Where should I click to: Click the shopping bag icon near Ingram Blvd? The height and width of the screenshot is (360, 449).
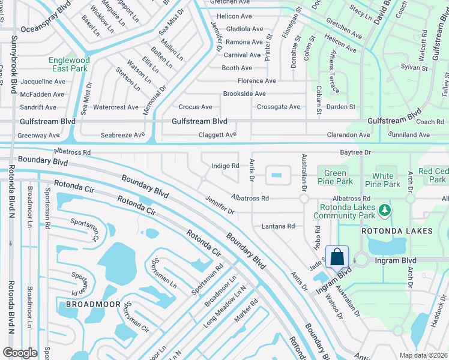pos(337,256)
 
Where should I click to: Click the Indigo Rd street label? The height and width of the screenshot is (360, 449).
pos(226,166)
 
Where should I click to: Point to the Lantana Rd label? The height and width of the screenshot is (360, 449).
pos(278,226)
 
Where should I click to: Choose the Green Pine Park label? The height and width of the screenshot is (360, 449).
pos(335,177)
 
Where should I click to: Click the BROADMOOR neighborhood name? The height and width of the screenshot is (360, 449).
pos(89,304)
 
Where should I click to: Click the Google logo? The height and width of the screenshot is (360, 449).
pos(20,353)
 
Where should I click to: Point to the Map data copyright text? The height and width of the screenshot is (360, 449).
pos(423,355)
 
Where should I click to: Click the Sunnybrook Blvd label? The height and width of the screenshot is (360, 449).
pos(13,65)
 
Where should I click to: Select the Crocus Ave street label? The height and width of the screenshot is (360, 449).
pos(195,107)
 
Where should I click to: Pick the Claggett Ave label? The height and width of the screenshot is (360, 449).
pos(217,136)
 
